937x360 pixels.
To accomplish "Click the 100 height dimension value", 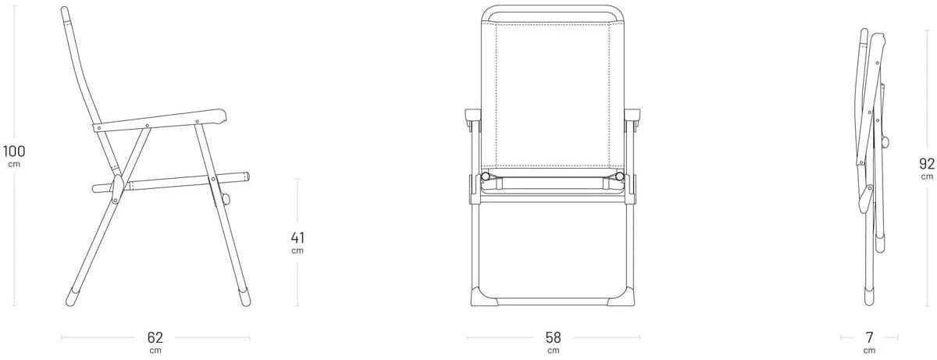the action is click(x=14, y=151).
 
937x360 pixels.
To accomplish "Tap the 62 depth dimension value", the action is click(x=155, y=337).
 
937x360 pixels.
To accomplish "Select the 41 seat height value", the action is click(x=297, y=238).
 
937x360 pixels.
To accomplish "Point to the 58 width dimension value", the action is click(x=553, y=337).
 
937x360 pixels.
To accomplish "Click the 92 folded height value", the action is click(x=927, y=163).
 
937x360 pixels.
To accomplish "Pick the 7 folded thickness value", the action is click(x=869, y=337).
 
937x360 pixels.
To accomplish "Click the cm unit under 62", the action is click(x=155, y=351).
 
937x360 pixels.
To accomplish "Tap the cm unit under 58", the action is click(x=553, y=351).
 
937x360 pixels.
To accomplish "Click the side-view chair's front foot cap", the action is click(x=244, y=298).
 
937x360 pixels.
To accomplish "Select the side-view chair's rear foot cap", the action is click(x=72, y=298).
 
